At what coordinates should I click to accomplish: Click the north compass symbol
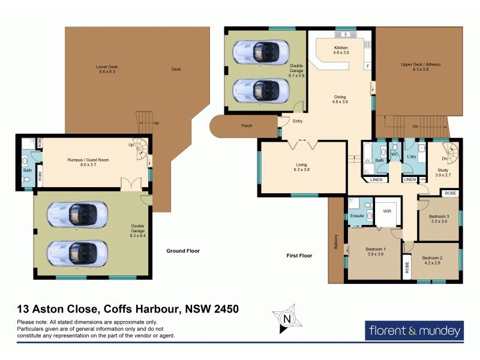pyautogui.click(x=287, y=319)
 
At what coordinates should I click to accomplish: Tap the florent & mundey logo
pyautogui.click(x=414, y=330)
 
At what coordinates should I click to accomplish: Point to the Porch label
pyautogui.click(x=247, y=126)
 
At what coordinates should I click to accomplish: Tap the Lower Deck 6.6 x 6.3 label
pyautogui.click(x=107, y=69)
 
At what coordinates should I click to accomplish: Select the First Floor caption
pyautogui.click(x=299, y=256)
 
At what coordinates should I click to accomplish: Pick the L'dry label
pyautogui.click(x=412, y=157)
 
